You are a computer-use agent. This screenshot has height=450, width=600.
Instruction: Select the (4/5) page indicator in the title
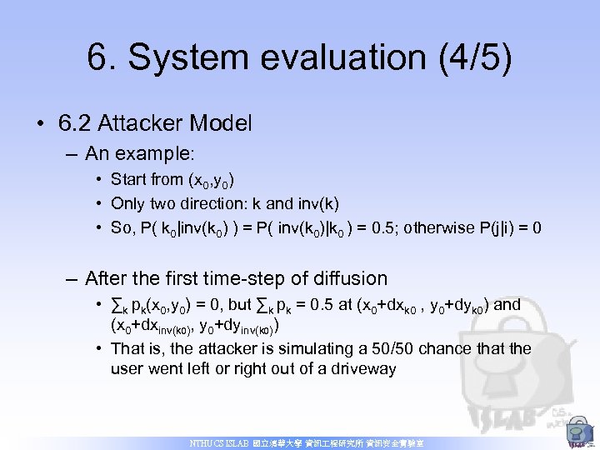coord(474,57)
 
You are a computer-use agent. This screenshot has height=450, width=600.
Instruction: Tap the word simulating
coord(316,347)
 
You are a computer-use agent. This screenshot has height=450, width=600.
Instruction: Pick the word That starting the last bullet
coord(127,347)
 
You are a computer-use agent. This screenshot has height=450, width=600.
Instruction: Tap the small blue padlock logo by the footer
coord(576,434)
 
